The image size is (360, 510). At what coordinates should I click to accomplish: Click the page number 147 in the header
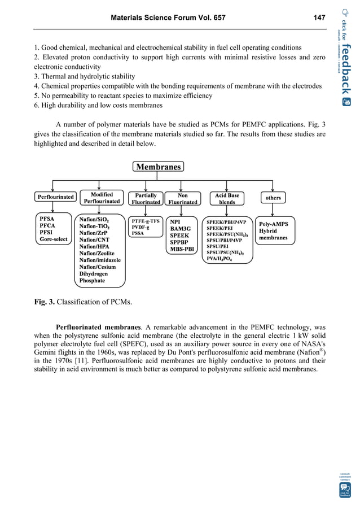click(x=319, y=18)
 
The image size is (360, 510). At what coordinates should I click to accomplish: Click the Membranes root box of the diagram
click(x=158, y=167)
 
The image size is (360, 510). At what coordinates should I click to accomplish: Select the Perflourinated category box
click(x=55, y=197)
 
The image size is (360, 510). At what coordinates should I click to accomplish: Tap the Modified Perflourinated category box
click(x=102, y=197)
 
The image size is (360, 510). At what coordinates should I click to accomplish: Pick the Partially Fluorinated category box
click(x=146, y=198)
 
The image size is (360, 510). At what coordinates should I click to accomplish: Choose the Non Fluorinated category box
click(x=183, y=198)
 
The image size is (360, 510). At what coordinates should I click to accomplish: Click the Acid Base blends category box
click(x=227, y=198)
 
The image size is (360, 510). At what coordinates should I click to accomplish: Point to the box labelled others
click(x=273, y=198)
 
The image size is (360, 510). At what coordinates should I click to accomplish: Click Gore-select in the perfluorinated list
click(x=54, y=239)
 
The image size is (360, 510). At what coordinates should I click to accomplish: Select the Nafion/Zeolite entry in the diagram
click(x=98, y=253)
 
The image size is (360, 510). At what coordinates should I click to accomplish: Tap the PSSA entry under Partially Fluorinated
click(x=138, y=233)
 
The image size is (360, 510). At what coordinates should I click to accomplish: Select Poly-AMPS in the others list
click(x=273, y=224)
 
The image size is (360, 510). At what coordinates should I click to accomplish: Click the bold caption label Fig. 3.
click(x=45, y=302)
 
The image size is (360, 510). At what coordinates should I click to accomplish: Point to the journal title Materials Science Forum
click(x=168, y=18)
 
